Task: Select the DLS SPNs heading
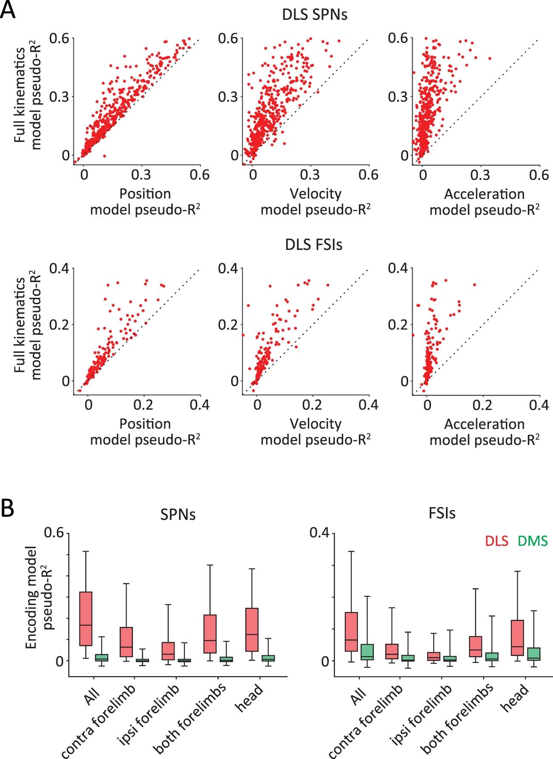tap(315, 15)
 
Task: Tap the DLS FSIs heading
tap(314, 245)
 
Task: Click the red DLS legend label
tap(497, 541)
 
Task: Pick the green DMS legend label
tap(533, 541)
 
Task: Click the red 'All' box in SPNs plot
tap(86, 619)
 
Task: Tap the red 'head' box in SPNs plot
tap(252, 629)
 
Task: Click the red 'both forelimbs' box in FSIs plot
tap(475, 646)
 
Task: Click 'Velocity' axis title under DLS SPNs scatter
tap(316, 194)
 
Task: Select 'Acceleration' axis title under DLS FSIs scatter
tap(484, 424)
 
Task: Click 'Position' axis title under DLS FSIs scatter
tap(145, 424)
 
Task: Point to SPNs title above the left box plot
tap(178, 514)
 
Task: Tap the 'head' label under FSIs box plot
tap(515, 697)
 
